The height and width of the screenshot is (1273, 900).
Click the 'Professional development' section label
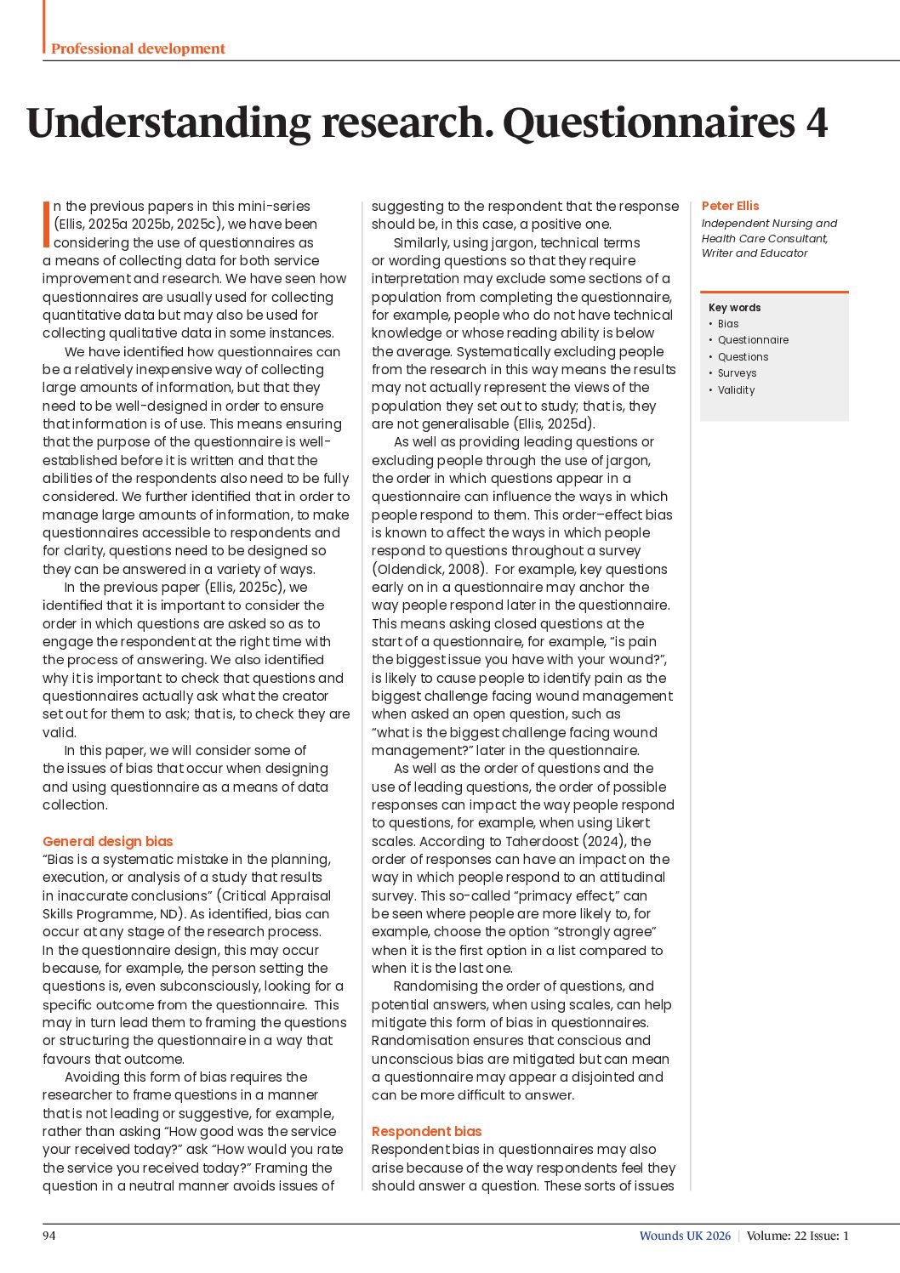pyautogui.click(x=138, y=48)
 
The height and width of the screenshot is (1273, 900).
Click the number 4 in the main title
pyautogui.click(x=816, y=122)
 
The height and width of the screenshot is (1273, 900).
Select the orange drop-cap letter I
pyautogui.click(x=46, y=224)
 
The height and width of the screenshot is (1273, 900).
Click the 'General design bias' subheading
pyautogui.click(x=107, y=841)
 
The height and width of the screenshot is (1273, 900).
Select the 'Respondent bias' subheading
pyautogui.click(x=426, y=1131)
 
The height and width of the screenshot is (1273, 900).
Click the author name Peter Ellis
pyautogui.click(x=730, y=206)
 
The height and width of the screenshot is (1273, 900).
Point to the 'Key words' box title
pyautogui.click(x=734, y=308)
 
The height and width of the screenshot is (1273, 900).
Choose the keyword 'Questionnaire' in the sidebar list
pyautogui.click(x=753, y=340)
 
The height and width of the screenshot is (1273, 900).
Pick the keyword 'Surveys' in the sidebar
pyautogui.click(x=737, y=373)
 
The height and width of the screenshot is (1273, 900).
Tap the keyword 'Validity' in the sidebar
pyautogui.click(x=736, y=390)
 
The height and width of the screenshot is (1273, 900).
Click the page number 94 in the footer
pyautogui.click(x=49, y=1236)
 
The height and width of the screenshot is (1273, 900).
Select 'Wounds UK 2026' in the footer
pyautogui.click(x=685, y=1236)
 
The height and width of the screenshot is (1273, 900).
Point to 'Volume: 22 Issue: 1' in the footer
pyautogui.click(x=797, y=1236)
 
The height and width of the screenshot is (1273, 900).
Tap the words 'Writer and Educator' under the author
pyautogui.click(x=755, y=253)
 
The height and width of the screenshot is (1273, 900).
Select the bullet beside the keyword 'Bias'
pyautogui.click(x=710, y=324)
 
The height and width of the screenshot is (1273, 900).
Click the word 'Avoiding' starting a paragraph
pyautogui.click(x=91, y=1077)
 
